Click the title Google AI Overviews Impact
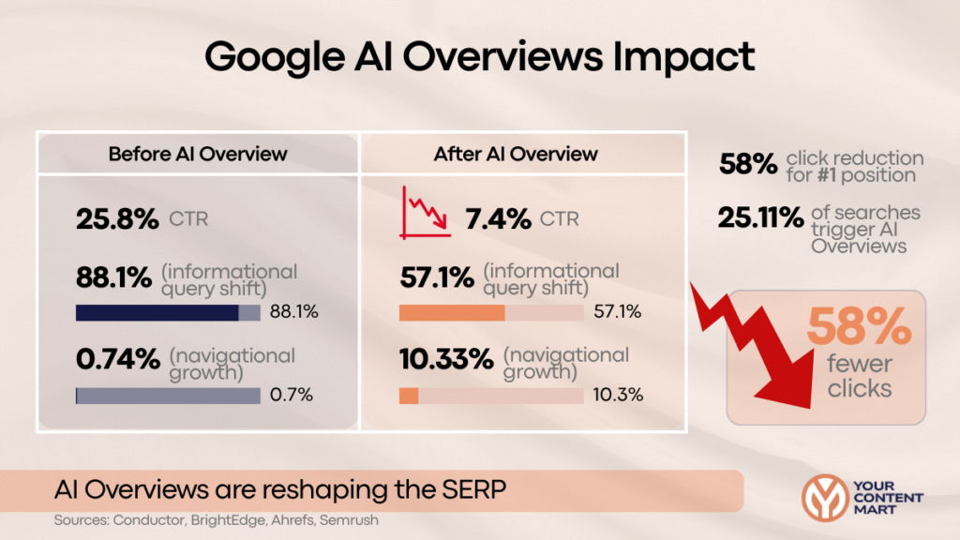point(480,58)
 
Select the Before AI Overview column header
point(198,153)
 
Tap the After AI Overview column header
point(516,153)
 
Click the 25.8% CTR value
point(117,220)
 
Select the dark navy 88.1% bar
point(157,312)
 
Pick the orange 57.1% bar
point(452,312)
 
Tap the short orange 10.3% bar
point(409,396)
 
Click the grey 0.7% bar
point(168,396)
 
